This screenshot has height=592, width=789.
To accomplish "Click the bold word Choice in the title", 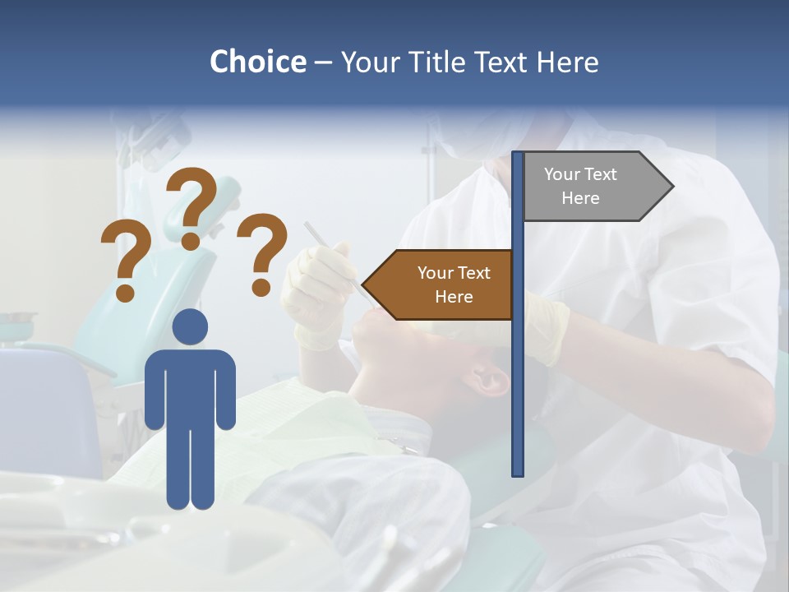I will point(257,62).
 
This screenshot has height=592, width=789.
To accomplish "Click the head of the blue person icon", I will point(190,326).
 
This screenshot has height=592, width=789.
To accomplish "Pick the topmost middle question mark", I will point(194,206).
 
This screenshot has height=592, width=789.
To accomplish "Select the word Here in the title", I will point(567,62).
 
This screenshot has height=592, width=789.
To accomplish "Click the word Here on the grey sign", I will point(580,198).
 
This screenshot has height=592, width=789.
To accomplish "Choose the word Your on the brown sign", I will point(436,273).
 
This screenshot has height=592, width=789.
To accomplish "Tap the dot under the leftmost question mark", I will point(125,291).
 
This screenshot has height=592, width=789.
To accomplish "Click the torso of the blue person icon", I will point(190,386).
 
